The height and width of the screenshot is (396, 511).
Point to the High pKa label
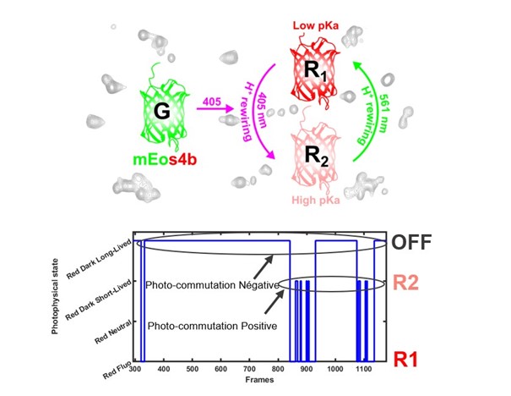click(317, 200)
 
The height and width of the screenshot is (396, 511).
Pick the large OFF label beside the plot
click(414, 245)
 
